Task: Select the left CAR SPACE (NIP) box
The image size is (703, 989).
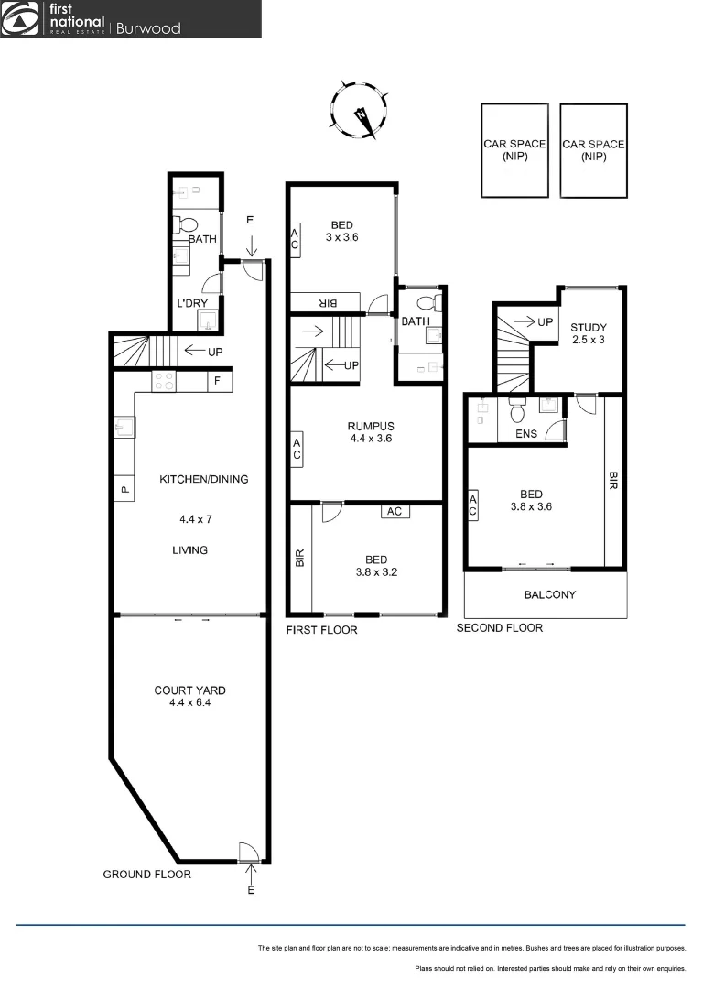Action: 515,150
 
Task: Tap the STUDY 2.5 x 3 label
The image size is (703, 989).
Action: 588,333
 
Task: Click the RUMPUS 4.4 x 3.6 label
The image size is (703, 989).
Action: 370,432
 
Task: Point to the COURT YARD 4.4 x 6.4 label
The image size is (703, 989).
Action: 189,697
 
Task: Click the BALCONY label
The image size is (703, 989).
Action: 549,594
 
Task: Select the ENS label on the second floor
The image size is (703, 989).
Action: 526,434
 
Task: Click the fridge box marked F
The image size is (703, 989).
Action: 218,380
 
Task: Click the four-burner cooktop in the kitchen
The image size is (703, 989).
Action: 165,381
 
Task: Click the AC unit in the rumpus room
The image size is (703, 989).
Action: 297,450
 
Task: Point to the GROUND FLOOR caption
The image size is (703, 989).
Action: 146,875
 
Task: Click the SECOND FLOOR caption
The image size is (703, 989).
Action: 499,628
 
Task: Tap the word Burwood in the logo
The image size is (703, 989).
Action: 147,27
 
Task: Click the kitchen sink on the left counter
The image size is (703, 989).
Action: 124,428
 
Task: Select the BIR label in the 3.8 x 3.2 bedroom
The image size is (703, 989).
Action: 299,559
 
